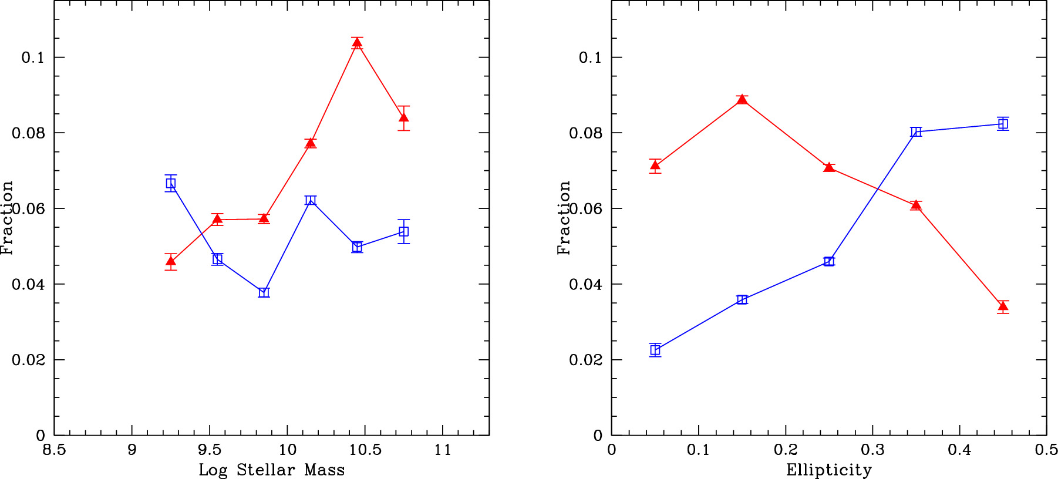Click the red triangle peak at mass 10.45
(357, 43)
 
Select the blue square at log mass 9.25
(171, 183)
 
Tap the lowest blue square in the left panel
(264, 292)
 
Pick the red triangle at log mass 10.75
(403, 118)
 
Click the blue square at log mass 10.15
(311, 200)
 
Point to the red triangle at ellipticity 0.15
(742, 99)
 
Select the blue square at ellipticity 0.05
(655, 350)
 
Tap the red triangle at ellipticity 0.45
(1003, 306)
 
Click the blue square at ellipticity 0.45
(1003, 123)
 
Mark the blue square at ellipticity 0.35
(916, 131)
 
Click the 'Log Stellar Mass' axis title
(271, 470)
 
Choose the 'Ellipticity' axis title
(829, 470)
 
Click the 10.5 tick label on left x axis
(365, 450)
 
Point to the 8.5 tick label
(54, 450)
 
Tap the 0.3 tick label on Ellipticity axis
(872, 450)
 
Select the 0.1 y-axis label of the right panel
(591, 58)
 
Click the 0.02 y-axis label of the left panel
(28, 360)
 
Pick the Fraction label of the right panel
(564, 217)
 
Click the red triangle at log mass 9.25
(171, 261)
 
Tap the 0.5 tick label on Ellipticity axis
(1046, 450)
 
